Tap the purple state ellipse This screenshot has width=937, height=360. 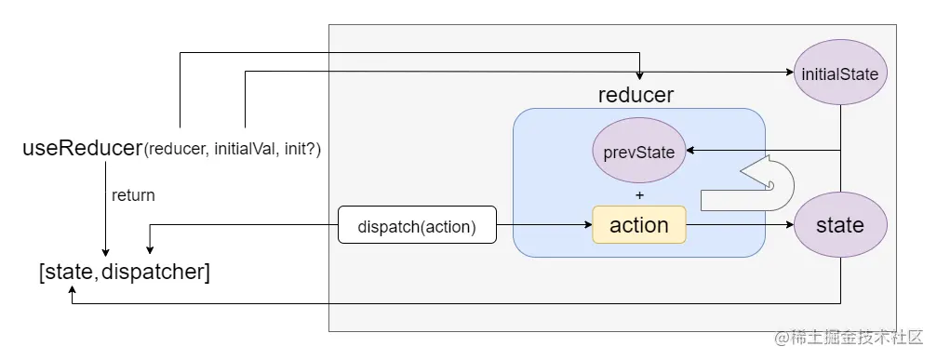coord(840,225)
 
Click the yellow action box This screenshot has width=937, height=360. coord(638,225)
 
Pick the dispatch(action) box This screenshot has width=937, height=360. coord(417,225)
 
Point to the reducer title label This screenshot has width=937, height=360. coord(636,95)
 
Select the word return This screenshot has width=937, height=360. coord(133,195)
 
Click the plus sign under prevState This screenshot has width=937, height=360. coord(638,196)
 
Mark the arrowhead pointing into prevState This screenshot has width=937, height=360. coord(690,150)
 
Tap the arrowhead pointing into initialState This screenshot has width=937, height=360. coord(787,73)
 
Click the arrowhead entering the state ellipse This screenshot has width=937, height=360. coord(788,225)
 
